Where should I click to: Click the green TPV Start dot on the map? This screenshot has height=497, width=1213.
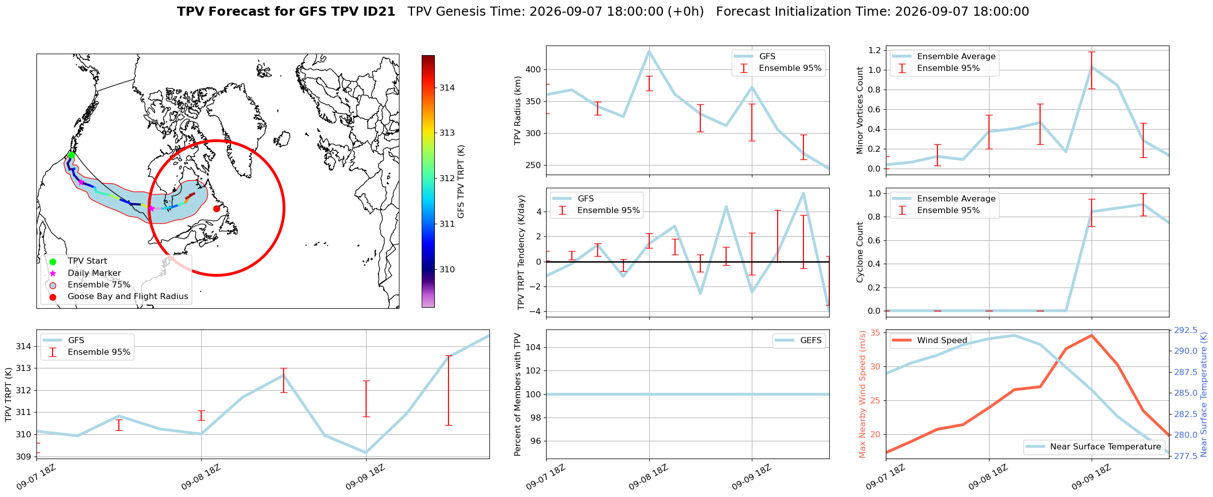click(71, 155)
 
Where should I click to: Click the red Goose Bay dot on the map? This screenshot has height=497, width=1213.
click(216, 209)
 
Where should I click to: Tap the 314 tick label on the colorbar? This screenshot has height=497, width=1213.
click(447, 88)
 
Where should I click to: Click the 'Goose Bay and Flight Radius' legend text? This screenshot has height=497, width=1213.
click(128, 296)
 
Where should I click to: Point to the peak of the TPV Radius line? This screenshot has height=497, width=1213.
click(649, 51)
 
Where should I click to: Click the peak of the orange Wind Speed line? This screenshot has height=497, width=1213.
click(1092, 335)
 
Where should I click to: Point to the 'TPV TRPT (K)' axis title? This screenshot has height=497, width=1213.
click(8, 394)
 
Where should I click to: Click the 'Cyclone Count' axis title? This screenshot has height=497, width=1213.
click(860, 252)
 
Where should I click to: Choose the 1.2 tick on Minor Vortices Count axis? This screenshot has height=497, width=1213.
click(874, 50)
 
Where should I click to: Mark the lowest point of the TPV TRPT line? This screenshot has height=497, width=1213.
click(366, 452)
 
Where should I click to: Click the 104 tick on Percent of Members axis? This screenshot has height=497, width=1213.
click(534, 347)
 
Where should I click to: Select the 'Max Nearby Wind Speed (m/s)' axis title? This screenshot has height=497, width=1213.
click(862, 394)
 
